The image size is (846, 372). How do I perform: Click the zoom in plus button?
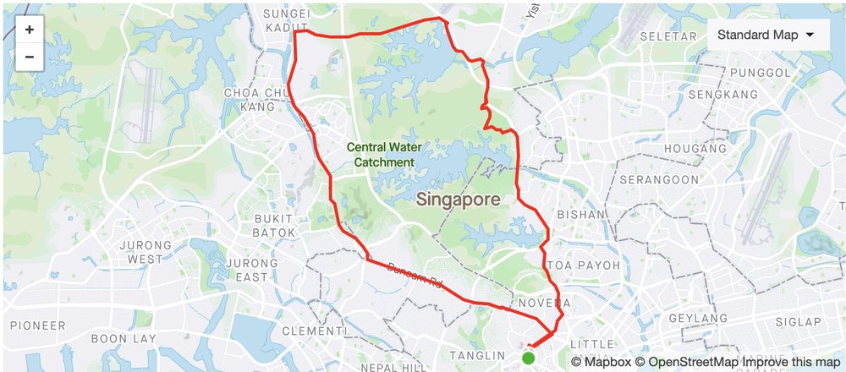point(30,30)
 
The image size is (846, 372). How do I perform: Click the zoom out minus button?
point(30,57)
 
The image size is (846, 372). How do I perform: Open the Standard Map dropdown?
point(765,36)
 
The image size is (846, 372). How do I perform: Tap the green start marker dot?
point(529,358)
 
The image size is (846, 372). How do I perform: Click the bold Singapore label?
point(458,200)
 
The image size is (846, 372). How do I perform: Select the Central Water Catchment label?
point(384,154)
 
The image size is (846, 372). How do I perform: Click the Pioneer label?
point(36,325)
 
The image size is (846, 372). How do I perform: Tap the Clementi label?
point(314,331)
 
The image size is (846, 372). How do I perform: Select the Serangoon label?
point(656,180)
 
